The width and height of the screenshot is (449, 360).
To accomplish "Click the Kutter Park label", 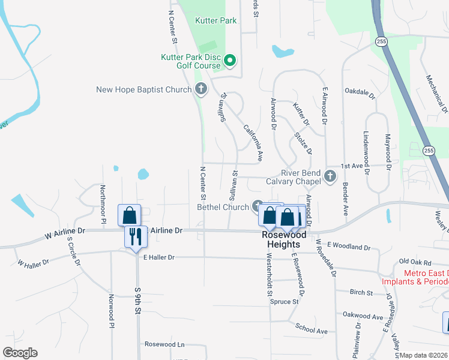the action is (216, 20).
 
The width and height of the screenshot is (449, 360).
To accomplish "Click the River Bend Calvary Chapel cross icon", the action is (329, 176).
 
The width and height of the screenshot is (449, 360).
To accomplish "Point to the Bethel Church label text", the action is (223, 208).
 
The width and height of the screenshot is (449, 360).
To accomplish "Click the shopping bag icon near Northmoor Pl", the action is (130, 214).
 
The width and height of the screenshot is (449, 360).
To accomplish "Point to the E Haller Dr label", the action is (158, 257).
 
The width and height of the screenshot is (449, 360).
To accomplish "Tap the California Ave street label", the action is (253, 143).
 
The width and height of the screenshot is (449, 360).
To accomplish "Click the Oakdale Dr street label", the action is (360, 95).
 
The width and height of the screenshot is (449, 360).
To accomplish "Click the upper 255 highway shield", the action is (381, 41).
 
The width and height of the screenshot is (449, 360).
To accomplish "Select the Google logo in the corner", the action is (20, 353).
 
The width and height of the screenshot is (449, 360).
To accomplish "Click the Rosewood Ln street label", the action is (164, 344).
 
